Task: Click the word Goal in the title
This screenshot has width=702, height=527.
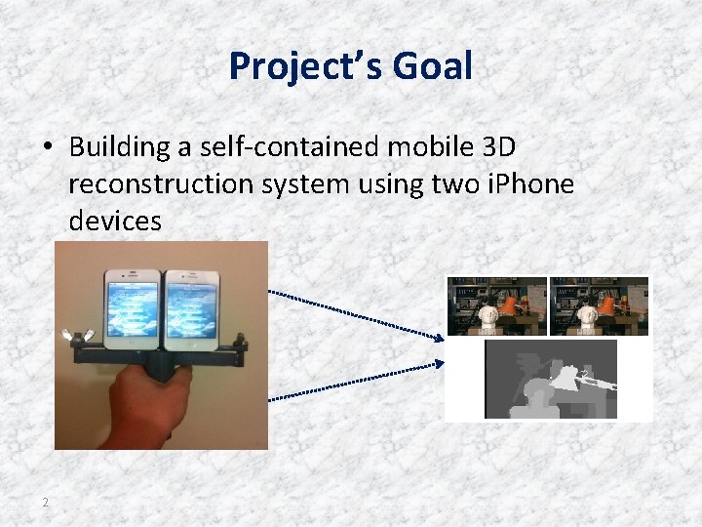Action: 433,67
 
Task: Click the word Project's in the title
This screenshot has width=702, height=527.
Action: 307,67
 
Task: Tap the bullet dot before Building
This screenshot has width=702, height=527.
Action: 47,147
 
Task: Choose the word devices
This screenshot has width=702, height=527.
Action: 115,222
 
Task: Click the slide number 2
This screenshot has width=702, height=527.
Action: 45,502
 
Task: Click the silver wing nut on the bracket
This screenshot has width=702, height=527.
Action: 70,338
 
